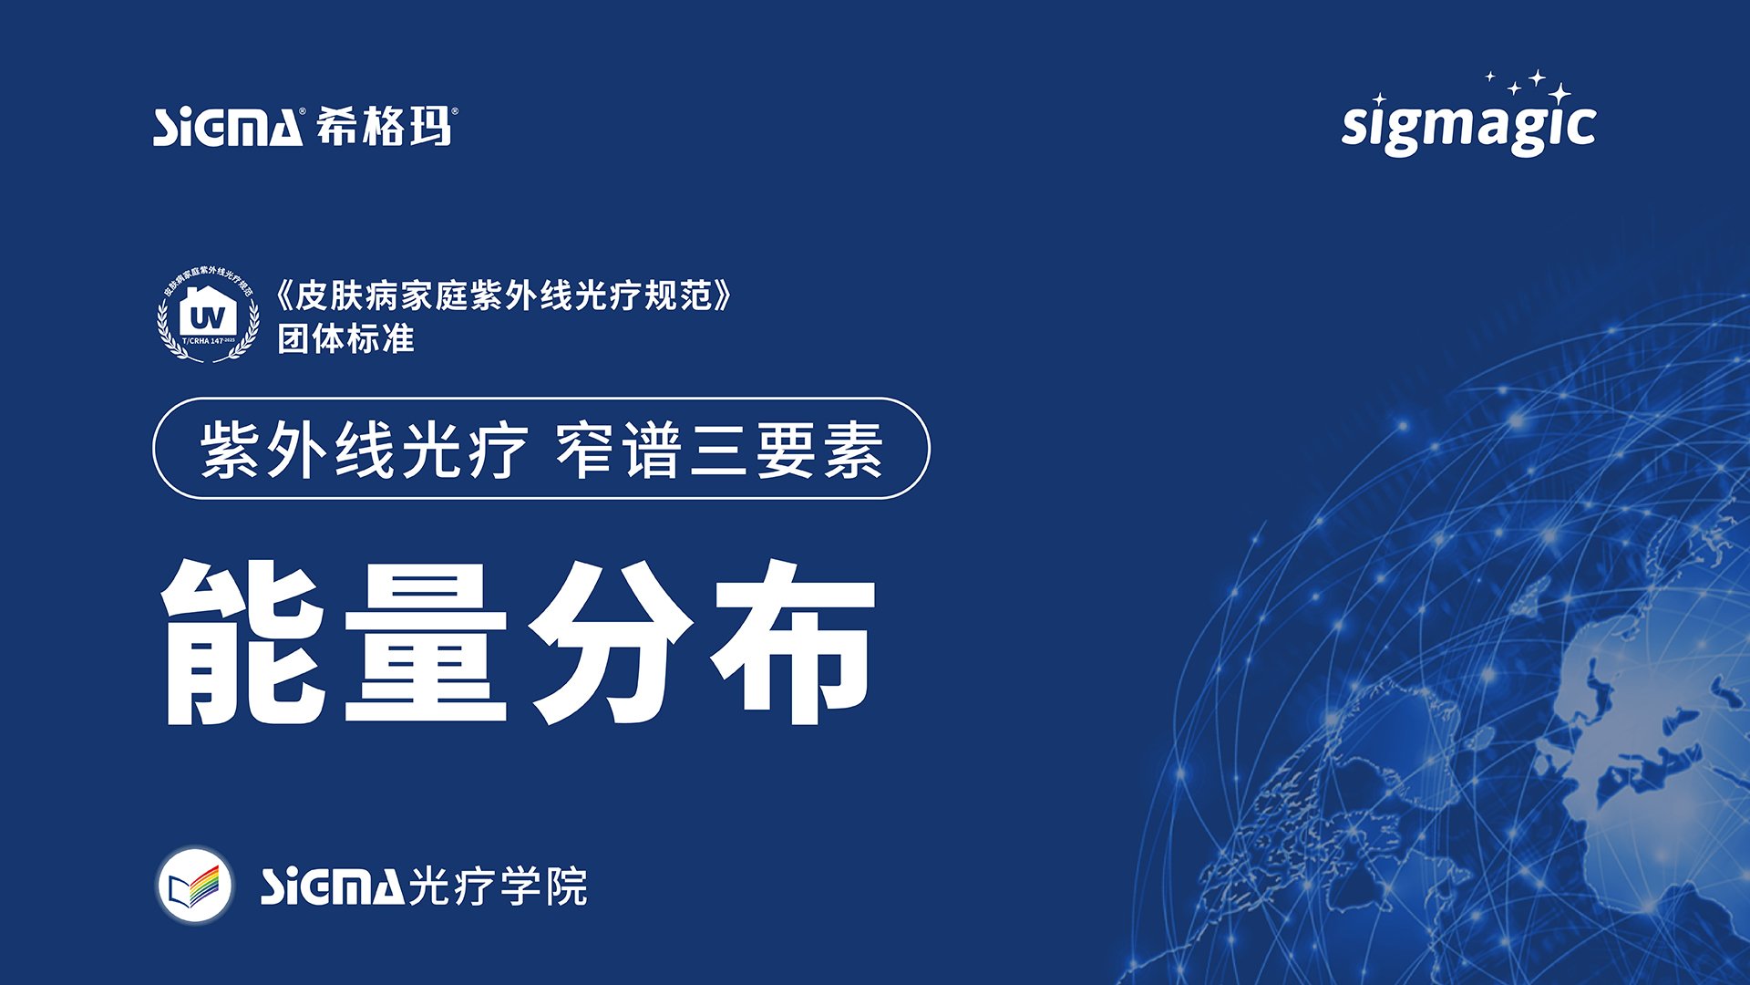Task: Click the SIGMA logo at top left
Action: click(x=227, y=128)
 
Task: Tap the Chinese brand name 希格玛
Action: click(x=385, y=126)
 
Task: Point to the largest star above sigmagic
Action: click(x=1560, y=93)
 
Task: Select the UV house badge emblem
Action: click(x=208, y=315)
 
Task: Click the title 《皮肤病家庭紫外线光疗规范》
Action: click(x=503, y=296)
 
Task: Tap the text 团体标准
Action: click(x=345, y=339)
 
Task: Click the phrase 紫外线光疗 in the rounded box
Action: click(x=364, y=450)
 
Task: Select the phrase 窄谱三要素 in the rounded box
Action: click(x=719, y=450)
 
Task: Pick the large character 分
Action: click(x=611, y=643)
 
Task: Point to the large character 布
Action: click(x=793, y=643)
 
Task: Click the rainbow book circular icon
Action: click(x=194, y=886)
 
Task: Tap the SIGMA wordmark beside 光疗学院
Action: click(x=332, y=886)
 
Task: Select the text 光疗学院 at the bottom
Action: click(x=498, y=886)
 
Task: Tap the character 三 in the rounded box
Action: click(x=719, y=450)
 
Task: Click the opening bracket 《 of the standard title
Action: click(x=284, y=296)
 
